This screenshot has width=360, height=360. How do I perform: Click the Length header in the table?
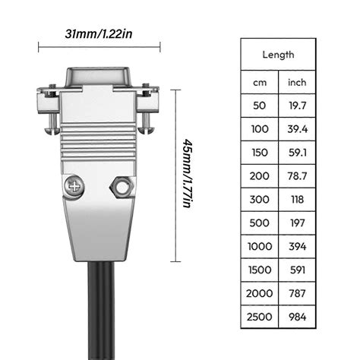[x=278, y=55]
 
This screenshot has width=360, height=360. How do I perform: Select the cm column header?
[x=260, y=81]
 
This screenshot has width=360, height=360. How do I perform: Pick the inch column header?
[x=297, y=81]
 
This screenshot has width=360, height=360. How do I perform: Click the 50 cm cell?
[x=260, y=106]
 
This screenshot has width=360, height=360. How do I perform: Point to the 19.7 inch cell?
[x=297, y=106]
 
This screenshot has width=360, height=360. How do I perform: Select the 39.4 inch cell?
[x=297, y=130]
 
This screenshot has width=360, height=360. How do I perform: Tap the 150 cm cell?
[x=260, y=153]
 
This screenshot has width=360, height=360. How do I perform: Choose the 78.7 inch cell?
[x=297, y=177]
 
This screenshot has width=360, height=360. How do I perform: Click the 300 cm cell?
[x=260, y=201]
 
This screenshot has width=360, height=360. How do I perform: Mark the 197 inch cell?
[x=297, y=224]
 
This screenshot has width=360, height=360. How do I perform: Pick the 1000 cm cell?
[x=260, y=248]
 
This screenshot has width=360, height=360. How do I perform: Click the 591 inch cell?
[x=297, y=271]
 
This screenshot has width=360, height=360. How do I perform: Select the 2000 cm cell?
[x=260, y=294]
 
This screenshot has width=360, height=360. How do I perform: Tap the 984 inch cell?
[x=297, y=317]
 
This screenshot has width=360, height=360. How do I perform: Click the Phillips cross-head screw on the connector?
[x=75, y=185]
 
